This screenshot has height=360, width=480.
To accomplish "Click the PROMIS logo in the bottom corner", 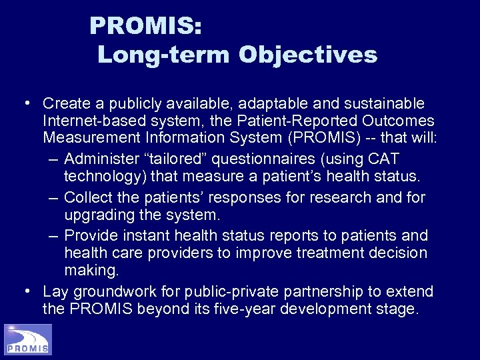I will coord(27,339).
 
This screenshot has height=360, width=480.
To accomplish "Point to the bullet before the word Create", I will coord(25,103).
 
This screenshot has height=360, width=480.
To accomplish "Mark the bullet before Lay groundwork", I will coord(25,291).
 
